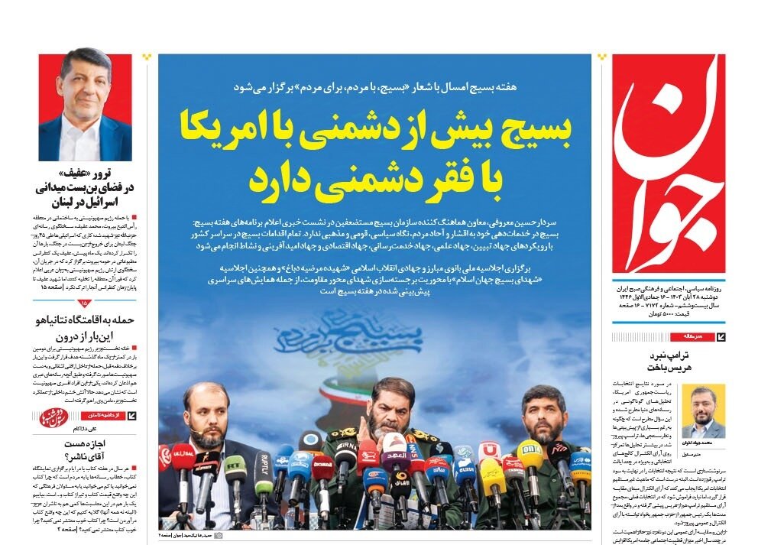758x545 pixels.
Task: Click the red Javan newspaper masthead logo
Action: pos(669,164)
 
